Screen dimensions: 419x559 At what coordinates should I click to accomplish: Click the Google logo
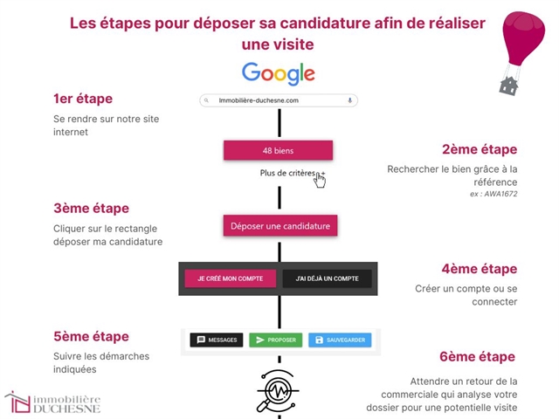click(x=279, y=73)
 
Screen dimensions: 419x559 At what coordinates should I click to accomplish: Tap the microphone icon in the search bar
click(x=350, y=100)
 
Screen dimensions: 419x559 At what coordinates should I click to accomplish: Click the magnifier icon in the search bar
click(x=206, y=100)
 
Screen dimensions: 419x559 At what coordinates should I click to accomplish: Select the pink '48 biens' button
click(x=278, y=150)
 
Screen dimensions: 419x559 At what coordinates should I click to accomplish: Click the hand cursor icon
click(x=320, y=180)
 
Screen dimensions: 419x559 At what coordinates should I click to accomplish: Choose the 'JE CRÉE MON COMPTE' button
click(x=231, y=278)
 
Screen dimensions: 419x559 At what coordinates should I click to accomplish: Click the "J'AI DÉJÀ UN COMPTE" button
click(x=327, y=278)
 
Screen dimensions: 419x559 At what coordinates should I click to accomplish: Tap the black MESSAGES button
click(x=217, y=340)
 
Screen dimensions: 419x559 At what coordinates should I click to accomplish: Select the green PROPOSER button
click(x=275, y=340)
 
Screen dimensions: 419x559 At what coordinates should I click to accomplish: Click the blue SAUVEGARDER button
click(x=339, y=340)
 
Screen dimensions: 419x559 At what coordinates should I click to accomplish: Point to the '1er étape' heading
click(x=83, y=99)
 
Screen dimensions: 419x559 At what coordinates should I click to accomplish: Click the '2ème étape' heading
click(x=480, y=149)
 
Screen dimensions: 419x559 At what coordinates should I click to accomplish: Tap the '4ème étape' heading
click(x=480, y=269)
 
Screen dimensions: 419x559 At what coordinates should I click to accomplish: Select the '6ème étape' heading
click(x=478, y=356)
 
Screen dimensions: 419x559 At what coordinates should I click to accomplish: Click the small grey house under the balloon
click(x=508, y=85)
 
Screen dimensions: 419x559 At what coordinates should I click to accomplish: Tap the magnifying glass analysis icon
click(x=278, y=388)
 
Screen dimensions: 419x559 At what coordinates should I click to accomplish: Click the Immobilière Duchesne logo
click(x=52, y=402)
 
